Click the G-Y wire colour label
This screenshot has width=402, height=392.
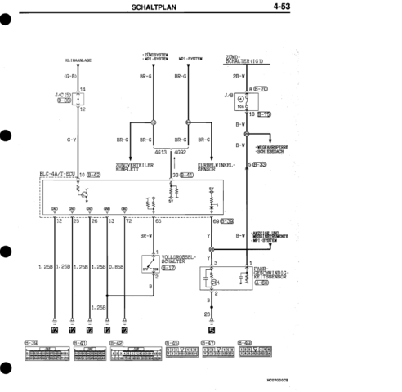[71, 140]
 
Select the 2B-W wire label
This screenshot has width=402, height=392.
[238, 76]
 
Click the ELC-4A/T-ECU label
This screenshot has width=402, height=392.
[58, 174]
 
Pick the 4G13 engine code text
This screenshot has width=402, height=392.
[160, 152]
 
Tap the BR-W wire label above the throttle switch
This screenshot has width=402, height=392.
[145, 236]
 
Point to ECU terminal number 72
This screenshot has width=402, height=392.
[128, 220]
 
